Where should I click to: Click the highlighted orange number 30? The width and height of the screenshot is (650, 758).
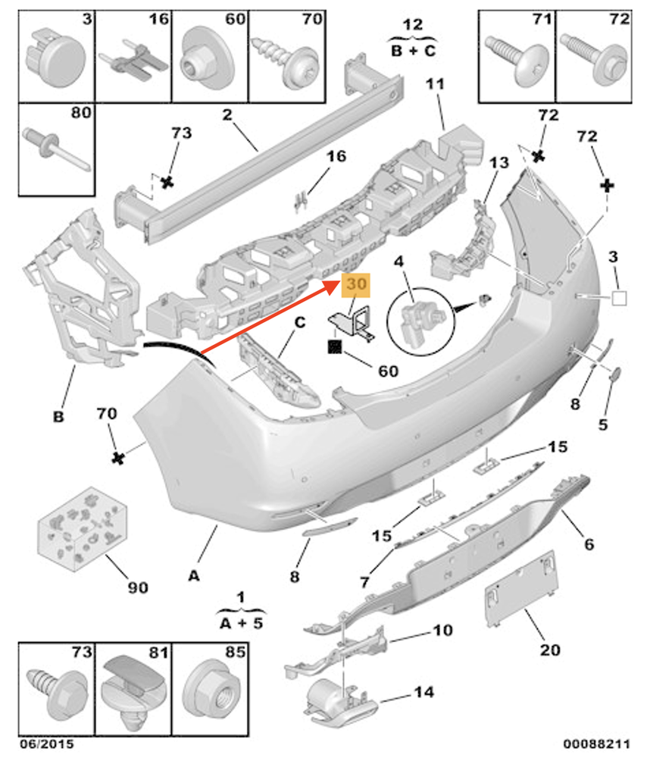[x=356, y=285]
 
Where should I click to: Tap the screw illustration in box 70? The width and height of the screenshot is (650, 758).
[x=285, y=61]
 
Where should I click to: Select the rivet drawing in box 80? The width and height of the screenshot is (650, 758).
[x=57, y=149]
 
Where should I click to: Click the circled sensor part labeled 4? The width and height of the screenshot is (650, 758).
[x=417, y=318]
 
